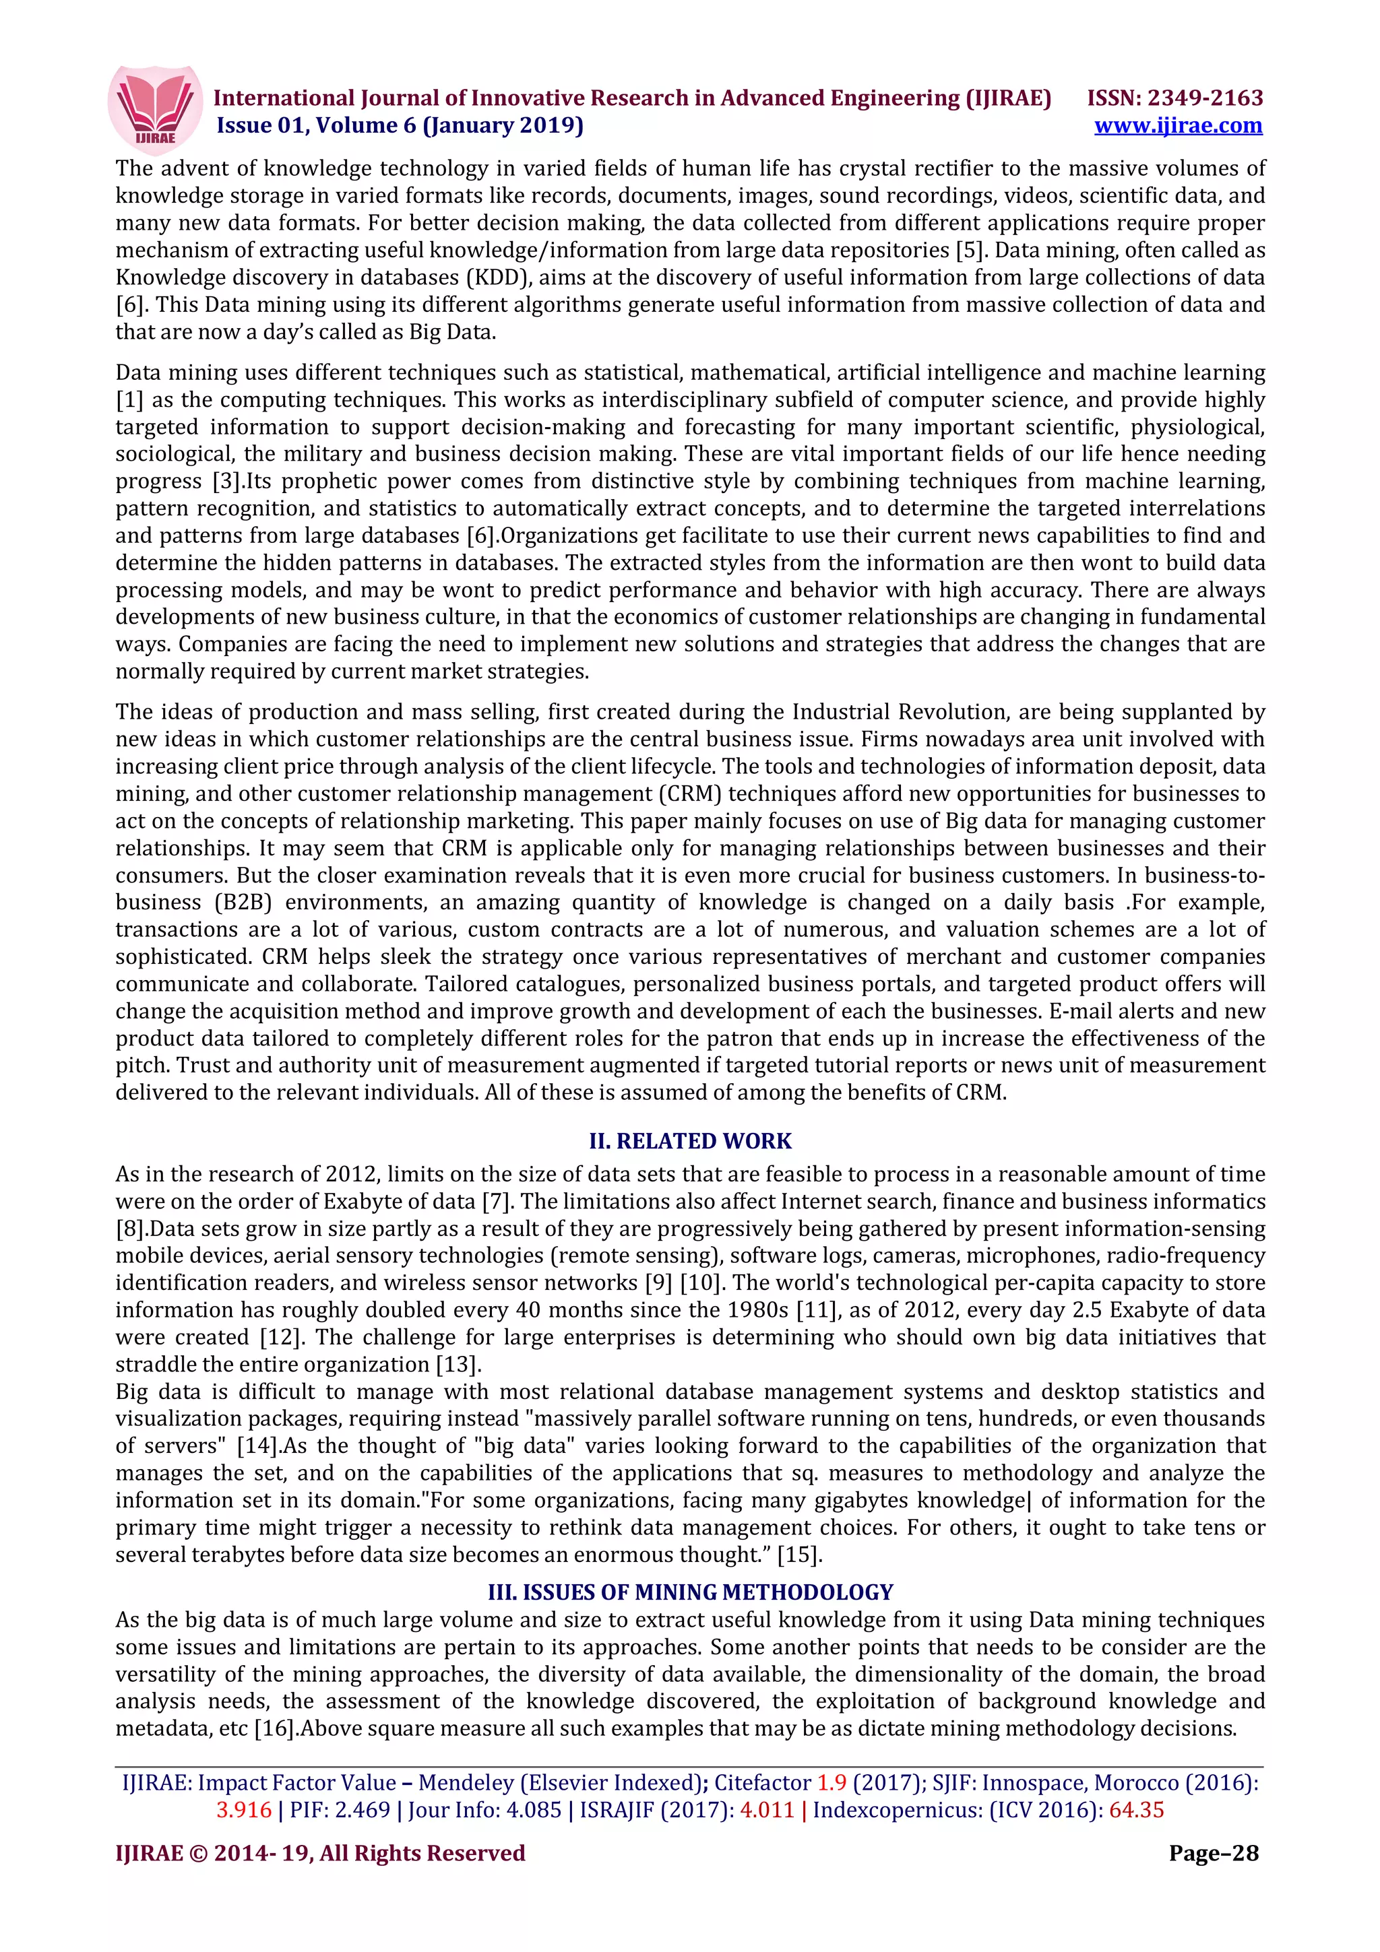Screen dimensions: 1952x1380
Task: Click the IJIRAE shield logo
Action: (x=155, y=109)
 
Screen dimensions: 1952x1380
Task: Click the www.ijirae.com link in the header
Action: (x=1178, y=126)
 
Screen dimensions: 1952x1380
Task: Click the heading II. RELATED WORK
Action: (x=689, y=1141)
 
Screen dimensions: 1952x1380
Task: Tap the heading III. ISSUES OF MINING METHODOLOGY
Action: (x=689, y=1592)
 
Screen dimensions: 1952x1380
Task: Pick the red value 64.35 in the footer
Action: (x=1136, y=1809)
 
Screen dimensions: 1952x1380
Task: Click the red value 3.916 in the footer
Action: (x=244, y=1809)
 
